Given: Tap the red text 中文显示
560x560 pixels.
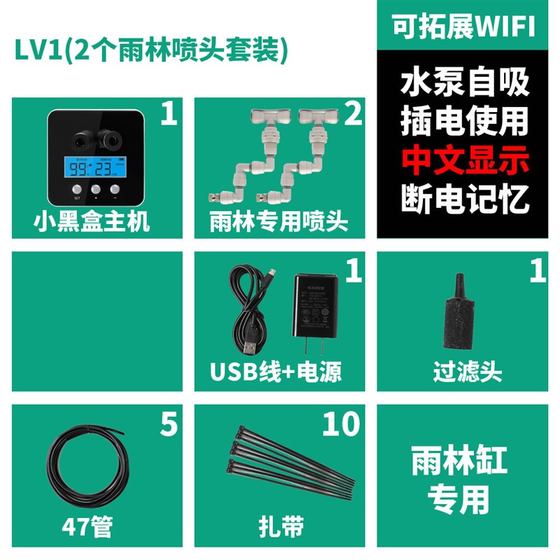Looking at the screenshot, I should (x=464, y=160).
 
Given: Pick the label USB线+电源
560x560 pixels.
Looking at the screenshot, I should (x=276, y=372).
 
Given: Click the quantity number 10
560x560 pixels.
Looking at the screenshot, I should (x=339, y=424).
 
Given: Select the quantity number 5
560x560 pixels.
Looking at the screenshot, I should (x=169, y=424).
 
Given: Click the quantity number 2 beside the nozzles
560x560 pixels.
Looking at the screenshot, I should (x=353, y=113).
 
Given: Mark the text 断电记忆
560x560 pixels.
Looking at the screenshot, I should (x=464, y=198).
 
